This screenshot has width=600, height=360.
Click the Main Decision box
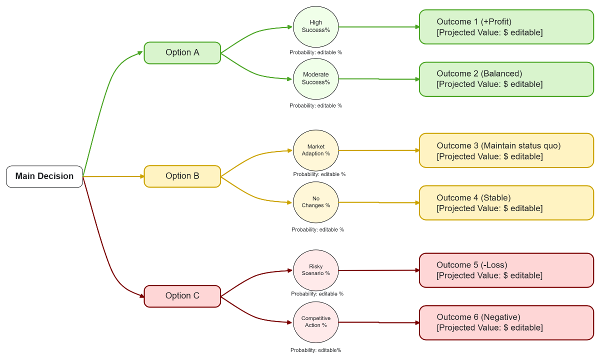click(x=44, y=176)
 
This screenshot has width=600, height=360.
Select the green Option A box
click(x=182, y=53)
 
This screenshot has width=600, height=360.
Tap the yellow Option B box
click(x=182, y=176)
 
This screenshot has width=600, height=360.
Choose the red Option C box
click(x=182, y=296)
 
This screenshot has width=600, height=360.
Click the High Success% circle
click(x=315, y=26)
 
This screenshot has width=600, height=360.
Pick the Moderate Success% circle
click(x=315, y=79)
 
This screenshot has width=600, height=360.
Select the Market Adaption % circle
click(x=315, y=150)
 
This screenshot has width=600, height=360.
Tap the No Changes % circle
click(x=315, y=202)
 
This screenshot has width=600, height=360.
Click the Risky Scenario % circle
click(x=315, y=270)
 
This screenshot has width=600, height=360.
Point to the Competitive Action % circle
click(x=315, y=322)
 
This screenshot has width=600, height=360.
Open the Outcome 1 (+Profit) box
click(x=506, y=27)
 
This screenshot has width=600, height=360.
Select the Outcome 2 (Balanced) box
click(x=506, y=79)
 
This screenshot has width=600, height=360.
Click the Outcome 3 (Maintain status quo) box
click(x=506, y=150)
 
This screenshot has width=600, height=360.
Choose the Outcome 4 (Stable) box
click(x=506, y=202)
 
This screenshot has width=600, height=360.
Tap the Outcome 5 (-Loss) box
click(x=506, y=270)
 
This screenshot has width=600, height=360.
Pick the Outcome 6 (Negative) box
click(x=506, y=322)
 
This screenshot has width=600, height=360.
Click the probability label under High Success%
click(x=315, y=52)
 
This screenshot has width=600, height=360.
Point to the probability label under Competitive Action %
click(x=315, y=350)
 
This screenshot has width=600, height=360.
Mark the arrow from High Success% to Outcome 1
click(x=378, y=27)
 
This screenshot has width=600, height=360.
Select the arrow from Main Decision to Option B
click(x=113, y=176)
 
